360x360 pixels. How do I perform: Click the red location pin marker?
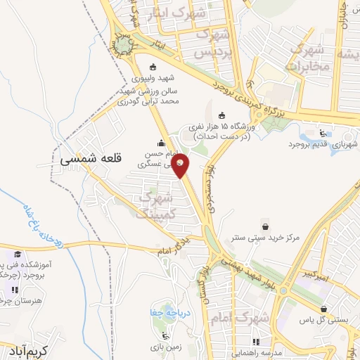click(x=181, y=165)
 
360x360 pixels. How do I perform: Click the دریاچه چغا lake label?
click(x=166, y=313)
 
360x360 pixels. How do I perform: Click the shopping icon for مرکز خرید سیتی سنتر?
click(x=266, y=226)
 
